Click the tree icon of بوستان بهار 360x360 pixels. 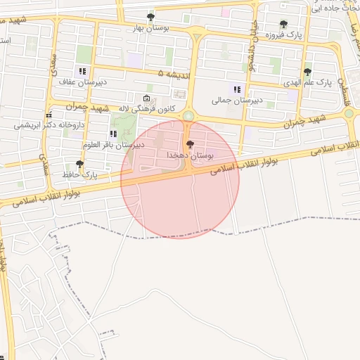pos(150,17)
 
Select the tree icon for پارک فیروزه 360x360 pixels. pos(283,24)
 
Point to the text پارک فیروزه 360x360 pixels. pos(283,34)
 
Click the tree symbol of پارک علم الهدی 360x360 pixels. pos(307,72)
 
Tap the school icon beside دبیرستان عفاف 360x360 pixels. pos(82,71)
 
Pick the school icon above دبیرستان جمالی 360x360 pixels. pos(237,89)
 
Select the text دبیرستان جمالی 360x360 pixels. pos(237,101)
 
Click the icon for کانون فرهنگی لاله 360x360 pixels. pos(146,98)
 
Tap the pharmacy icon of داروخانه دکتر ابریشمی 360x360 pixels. pos(49,115)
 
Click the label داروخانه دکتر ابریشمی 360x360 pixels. pos(48,125)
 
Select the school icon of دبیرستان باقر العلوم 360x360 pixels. pos(113,134)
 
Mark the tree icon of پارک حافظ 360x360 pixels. pos(79,163)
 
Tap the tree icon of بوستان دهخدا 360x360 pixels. pos(190,143)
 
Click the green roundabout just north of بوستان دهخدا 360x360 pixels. pos(188,116)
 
